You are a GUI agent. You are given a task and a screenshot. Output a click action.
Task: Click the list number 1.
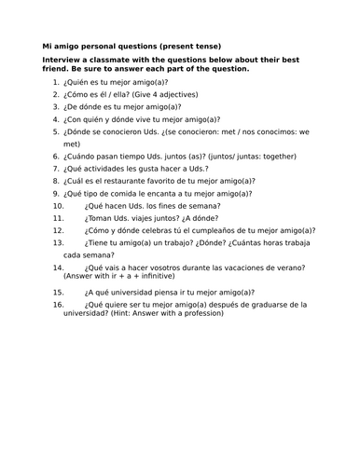tap(55, 82)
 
